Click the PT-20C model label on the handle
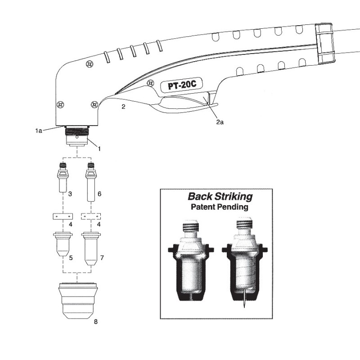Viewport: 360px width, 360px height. (179, 86)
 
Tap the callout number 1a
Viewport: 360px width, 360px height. (39, 130)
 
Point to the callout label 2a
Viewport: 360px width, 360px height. (219, 121)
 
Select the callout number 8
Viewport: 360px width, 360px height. (95, 322)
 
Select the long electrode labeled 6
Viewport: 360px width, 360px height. (90, 182)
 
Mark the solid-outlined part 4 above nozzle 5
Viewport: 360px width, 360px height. (62, 216)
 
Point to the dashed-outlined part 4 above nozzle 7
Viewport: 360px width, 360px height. (90, 216)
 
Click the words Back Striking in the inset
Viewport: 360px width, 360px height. (220, 197)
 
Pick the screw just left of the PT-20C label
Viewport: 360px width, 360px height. (150, 82)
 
